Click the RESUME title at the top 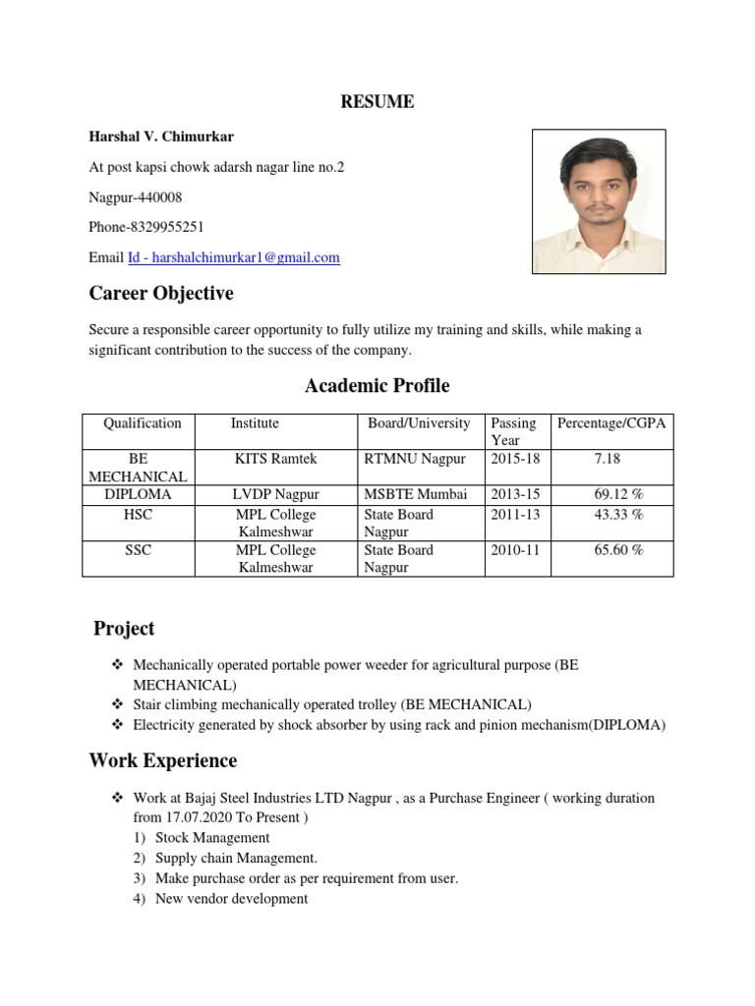coord(377,102)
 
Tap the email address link coord(234,257)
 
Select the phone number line coord(146,227)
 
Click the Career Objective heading coord(161,294)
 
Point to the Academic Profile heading coord(377,386)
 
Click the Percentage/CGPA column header coord(611,423)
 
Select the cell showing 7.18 coord(608,460)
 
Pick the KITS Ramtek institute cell coord(276,460)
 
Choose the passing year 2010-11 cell coord(515,550)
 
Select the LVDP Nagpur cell coord(276,494)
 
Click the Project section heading coord(124,629)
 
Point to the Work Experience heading coord(163,760)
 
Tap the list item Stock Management coord(212,838)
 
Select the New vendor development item coord(231,898)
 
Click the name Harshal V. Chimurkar coord(161,137)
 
